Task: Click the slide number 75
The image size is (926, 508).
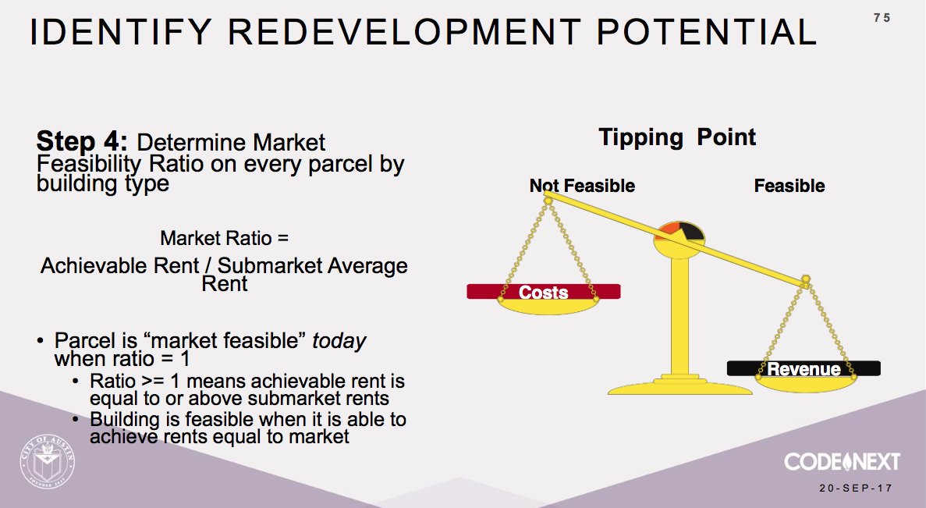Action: click(x=882, y=17)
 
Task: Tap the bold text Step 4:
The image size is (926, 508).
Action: click(x=82, y=142)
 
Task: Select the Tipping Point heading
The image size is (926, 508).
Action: click(x=677, y=138)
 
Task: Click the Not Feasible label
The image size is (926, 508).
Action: click(x=582, y=186)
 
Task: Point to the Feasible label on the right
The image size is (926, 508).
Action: click(x=789, y=186)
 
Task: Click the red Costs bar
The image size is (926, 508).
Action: click(x=544, y=292)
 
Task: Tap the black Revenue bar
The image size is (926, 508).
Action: click(x=804, y=368)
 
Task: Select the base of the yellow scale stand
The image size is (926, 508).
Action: click(x=677, y=385)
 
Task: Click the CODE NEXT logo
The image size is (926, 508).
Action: click(x=842, y=461)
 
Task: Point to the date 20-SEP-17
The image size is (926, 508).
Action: click(x=855, y=488)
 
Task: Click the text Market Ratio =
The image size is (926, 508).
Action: click(x=224, y=238)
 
